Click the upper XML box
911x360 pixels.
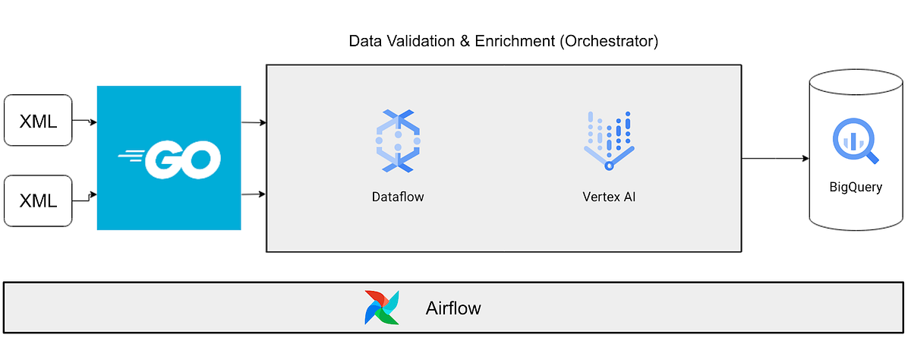(38, 120)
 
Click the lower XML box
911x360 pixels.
(38, 201)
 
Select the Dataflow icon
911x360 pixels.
(397, 140)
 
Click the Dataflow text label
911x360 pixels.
(397, 197)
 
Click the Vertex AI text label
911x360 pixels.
(609, 197)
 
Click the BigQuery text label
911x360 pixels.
(856, 187)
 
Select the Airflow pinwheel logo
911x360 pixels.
(381, 308)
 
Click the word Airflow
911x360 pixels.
(453, 309)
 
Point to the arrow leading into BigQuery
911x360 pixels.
(774, 159)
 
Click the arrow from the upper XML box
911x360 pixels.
(84, 121)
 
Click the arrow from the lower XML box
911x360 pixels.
(84, 196)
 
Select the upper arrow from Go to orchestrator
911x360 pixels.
(253, 122)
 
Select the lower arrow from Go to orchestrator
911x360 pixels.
(253, 194)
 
